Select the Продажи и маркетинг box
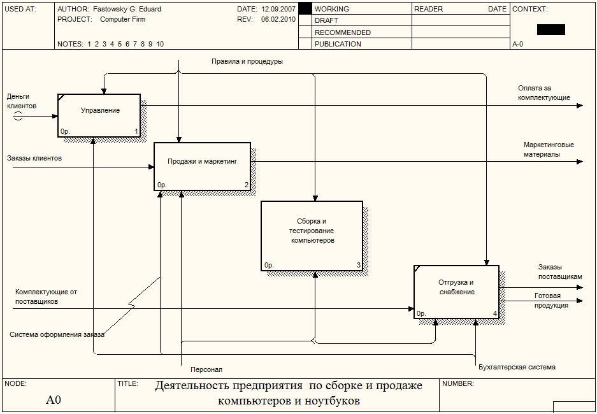(x=203, y=166)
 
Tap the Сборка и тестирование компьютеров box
(x=312, y=236)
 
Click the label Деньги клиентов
(x=22, y=101)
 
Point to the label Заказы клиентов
(x=34, y=157)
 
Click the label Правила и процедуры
(x=247, y=62)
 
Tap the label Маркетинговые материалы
(x=549, y=149)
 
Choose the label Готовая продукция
(x=552, y=300)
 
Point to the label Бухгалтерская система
(x=517, y=367)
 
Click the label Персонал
(x=206, y=369)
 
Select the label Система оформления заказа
(x=57, y=334)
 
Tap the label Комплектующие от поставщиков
(x=46, y=296)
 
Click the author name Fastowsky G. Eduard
(x=127, y=10)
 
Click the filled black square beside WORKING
(x=305, y=9)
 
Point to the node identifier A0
(x=54, y=400)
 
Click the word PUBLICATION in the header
(x=338, y=44)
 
